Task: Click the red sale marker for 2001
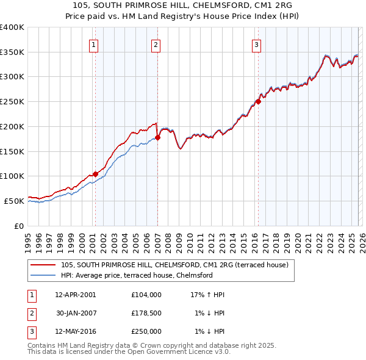pos(95,174)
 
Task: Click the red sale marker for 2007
pos(157,137)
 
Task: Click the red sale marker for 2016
pos(258,102)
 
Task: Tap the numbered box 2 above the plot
pos(156,44)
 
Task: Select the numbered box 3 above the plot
pos(256,44)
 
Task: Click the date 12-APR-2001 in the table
pos(75,294)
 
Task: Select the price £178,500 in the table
pos(146,313)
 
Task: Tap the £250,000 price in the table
pos(146,332)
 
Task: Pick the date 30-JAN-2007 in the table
pos(76,313)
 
